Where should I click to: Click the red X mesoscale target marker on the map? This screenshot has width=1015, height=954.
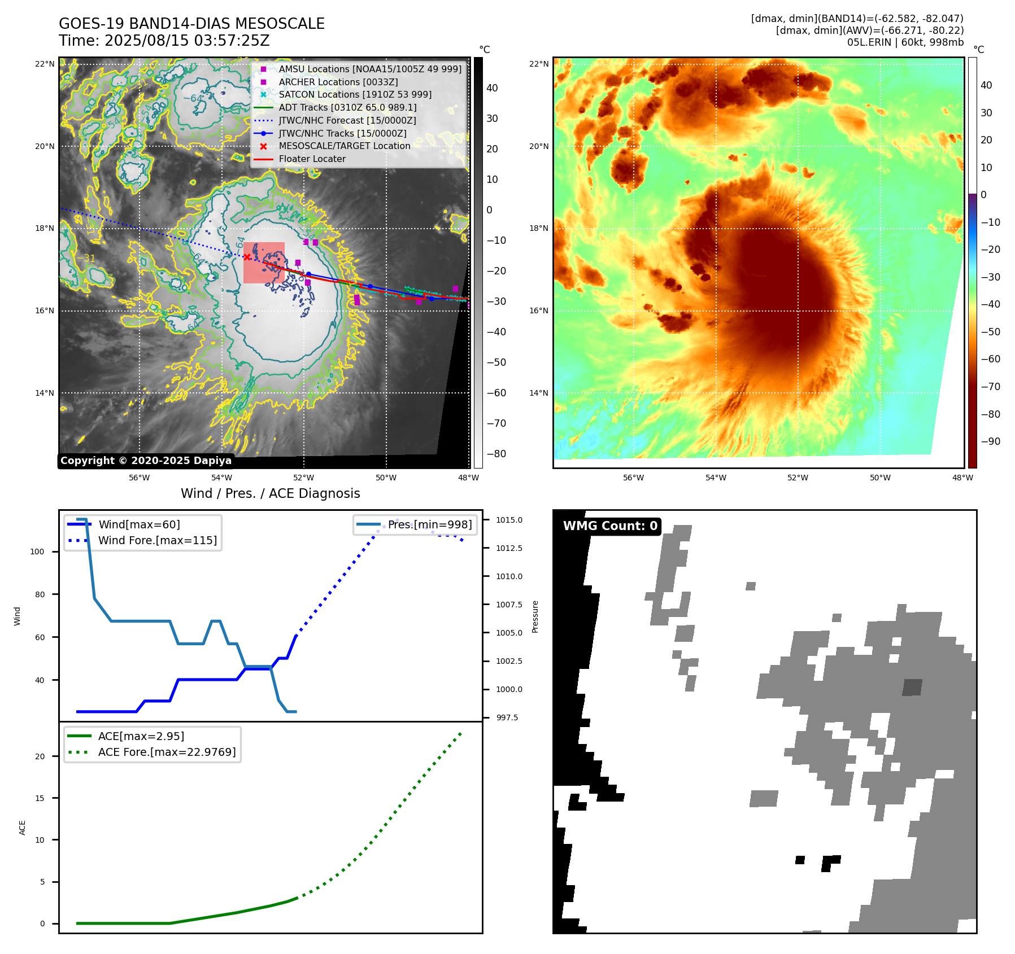247,257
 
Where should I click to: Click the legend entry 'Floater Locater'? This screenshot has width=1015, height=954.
312,159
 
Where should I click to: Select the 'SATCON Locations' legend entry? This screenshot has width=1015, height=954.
355,94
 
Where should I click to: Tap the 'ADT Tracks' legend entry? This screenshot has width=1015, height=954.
347,107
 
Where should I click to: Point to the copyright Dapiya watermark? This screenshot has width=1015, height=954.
146,461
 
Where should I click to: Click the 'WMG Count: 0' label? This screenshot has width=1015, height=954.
610,526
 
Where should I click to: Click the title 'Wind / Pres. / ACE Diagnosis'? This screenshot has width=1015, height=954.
270,493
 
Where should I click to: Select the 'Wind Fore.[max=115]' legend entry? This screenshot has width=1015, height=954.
157,540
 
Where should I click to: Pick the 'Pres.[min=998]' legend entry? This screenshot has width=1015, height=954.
429,524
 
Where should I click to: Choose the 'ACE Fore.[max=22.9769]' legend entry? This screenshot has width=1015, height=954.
167,752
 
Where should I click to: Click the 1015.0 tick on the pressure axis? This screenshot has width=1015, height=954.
509,520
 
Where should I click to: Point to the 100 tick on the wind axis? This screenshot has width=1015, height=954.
37,552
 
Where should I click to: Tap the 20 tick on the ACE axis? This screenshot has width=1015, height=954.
40,756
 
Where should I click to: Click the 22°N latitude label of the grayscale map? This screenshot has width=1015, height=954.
45,64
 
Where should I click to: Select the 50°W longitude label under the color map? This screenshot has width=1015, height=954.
880,478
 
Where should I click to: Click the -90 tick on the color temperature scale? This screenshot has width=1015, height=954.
990,441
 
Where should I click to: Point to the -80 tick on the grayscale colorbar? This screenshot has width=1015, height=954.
496,454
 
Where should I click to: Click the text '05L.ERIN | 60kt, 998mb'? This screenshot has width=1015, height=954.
905,42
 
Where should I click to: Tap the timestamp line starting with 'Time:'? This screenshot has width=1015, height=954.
164,41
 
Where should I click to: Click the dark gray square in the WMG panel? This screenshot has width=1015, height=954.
912,687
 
